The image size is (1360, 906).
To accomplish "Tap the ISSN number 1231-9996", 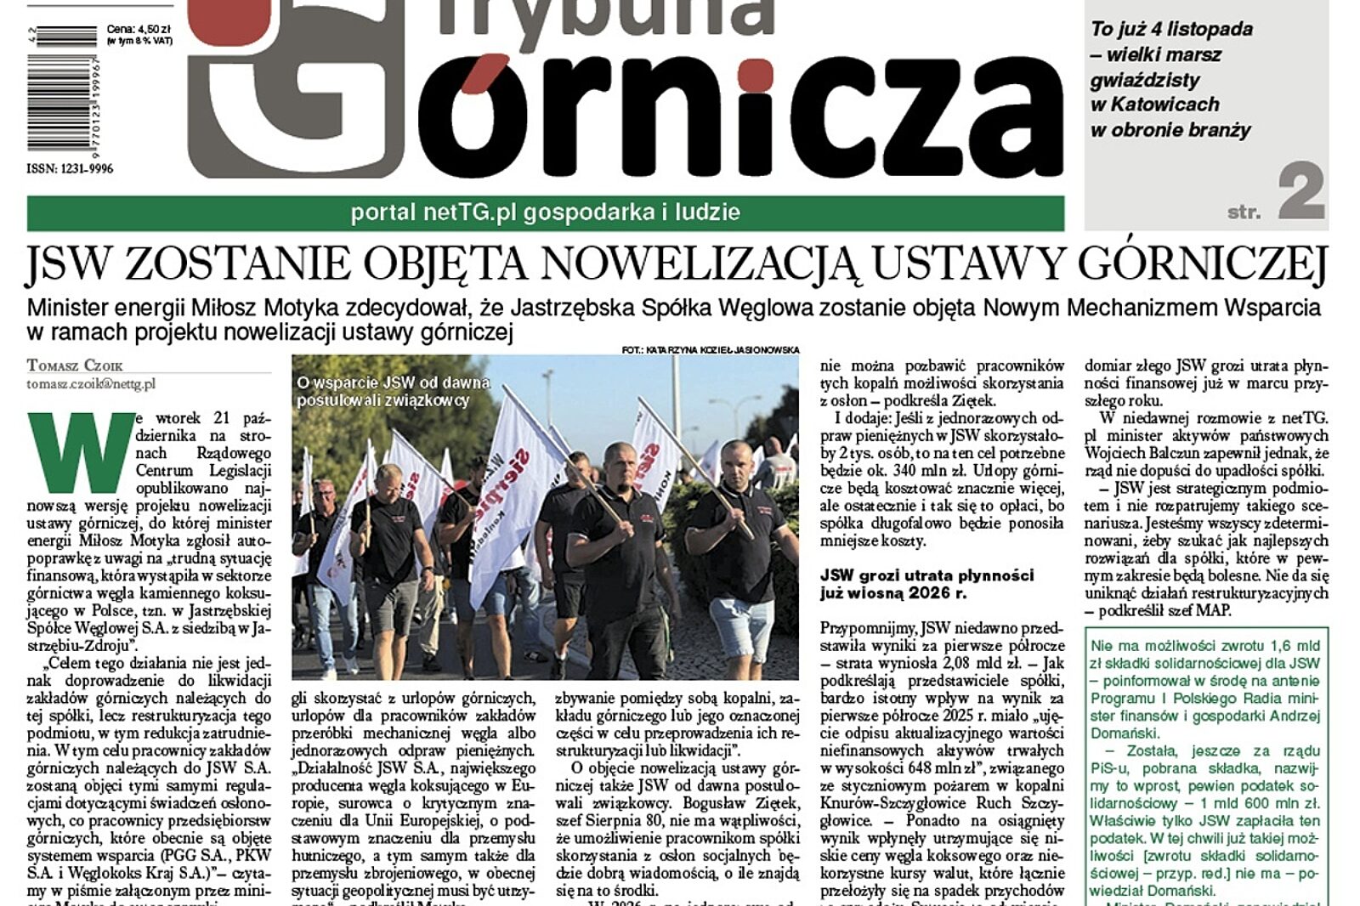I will (x=70, y=169).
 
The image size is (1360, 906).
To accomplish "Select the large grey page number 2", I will (x=1300, y=193).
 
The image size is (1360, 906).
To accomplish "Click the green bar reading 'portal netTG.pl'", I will (x=545, y=212).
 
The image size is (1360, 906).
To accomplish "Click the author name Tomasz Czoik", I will (x=75, y=365).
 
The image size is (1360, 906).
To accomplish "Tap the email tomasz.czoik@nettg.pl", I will (x=91, y=384).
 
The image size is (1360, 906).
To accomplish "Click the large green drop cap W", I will (x=81, y=452).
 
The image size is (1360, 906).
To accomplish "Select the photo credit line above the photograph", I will (x=710, y=349).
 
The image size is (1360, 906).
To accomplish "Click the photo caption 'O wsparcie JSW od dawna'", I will (x=393, y=383).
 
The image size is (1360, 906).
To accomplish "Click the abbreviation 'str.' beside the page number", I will (x=1244, y=212).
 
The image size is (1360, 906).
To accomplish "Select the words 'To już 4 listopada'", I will (x=1171, y=29).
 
